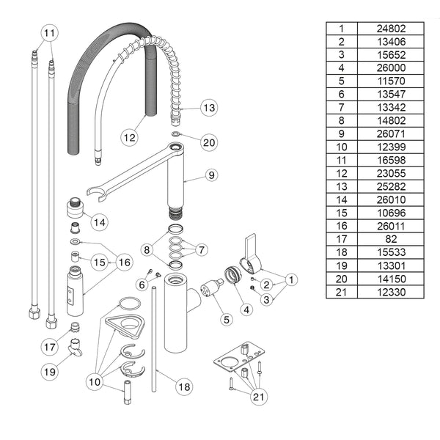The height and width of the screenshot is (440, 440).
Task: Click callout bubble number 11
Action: point(48,33)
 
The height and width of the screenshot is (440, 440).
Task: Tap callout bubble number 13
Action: point(209,108)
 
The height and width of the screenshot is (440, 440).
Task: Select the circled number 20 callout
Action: point(209,142)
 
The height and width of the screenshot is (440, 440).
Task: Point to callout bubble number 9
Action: point(211,175)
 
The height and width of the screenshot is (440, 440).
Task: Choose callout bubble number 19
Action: point(49,372)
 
